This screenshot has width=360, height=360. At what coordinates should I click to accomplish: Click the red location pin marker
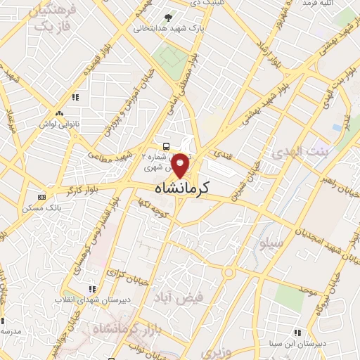coord(181,165)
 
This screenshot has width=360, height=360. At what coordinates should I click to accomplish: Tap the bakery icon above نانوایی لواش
coord(59,112)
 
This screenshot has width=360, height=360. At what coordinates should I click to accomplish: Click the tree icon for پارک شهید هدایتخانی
coord(167,17)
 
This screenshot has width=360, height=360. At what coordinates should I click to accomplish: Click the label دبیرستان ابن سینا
coord(297,345)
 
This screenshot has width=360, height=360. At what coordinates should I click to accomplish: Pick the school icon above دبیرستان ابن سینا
coord(298,332)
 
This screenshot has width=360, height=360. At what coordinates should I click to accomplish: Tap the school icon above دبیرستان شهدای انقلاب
coord(91,288)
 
